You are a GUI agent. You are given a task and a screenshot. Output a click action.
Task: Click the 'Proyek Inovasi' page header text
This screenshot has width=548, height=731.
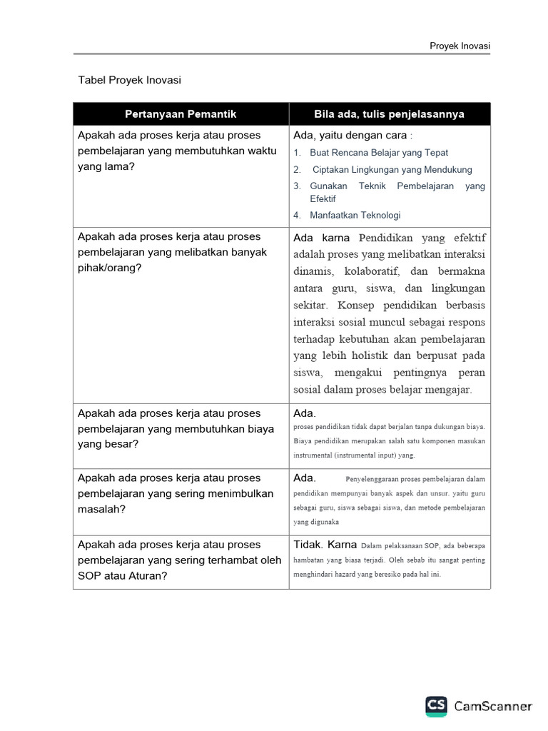[x=460, y=46]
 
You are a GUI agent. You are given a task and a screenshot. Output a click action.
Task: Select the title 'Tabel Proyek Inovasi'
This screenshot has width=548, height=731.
[x=129, y=80]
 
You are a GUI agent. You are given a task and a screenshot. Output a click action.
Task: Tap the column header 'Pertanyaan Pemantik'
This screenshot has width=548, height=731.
[x=181, y=114]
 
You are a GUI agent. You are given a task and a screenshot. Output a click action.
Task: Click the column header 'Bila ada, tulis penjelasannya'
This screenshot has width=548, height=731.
[x=390, y=114]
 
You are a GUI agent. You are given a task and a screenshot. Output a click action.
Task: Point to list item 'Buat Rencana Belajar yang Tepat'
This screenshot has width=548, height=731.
[x=379, y=153]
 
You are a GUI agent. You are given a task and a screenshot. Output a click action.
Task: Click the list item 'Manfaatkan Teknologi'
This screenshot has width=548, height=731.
[x=355, y=215]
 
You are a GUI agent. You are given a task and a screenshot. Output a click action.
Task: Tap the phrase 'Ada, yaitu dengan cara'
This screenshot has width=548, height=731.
[x=350, y=136]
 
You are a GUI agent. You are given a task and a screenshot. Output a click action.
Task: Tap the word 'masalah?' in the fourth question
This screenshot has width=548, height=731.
[x=101, y=509]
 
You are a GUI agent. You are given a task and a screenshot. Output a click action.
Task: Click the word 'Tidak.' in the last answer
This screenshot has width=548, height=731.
[x=308, y=545]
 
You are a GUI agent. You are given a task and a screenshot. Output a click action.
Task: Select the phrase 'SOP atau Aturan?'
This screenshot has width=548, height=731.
[x=122, y=575]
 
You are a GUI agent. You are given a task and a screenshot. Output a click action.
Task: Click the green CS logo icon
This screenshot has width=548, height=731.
[x=436, y=706]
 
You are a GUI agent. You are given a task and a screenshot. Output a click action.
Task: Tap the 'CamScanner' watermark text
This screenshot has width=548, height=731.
[x=493, y=706]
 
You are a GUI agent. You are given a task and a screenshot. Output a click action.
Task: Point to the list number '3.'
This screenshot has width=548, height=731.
[x=297, y=186]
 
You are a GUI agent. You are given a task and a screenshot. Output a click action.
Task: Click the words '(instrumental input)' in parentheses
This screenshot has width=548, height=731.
[x=363, y=455]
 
